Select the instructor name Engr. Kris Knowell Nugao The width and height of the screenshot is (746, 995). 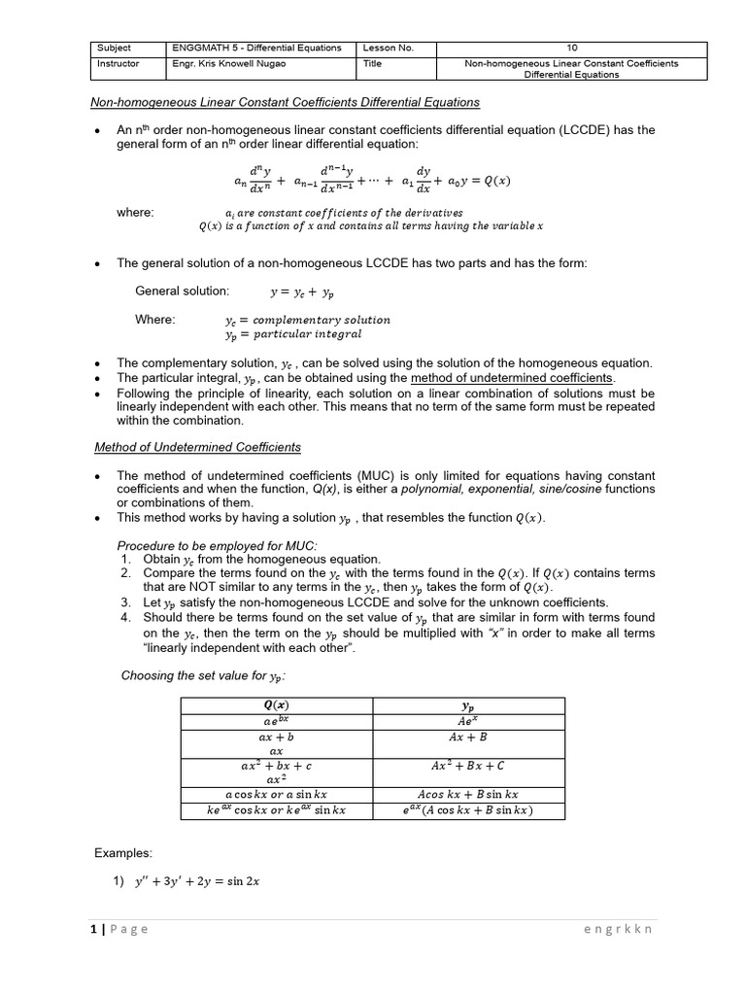[x=229, y=64]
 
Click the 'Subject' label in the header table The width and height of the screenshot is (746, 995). [x=115, y=48]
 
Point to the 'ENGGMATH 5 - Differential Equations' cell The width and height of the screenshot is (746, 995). [x=256, y=48]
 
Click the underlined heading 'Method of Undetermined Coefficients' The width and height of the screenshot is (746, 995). [x=197, y=447]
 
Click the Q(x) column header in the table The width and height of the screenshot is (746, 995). [x=276, y=704]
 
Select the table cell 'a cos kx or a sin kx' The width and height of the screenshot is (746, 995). [x=276, y=794]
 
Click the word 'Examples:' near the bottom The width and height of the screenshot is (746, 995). [x=123, y=853]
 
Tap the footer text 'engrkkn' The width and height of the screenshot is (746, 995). [x=618, y=929]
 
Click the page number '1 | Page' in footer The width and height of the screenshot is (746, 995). [x=120, y=929]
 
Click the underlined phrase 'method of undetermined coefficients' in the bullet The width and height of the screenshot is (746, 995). [x=513, y=377]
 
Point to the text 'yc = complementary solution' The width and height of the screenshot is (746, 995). [x=307, y=320]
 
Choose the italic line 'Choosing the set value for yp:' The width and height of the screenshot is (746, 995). [x=202, y=676]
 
